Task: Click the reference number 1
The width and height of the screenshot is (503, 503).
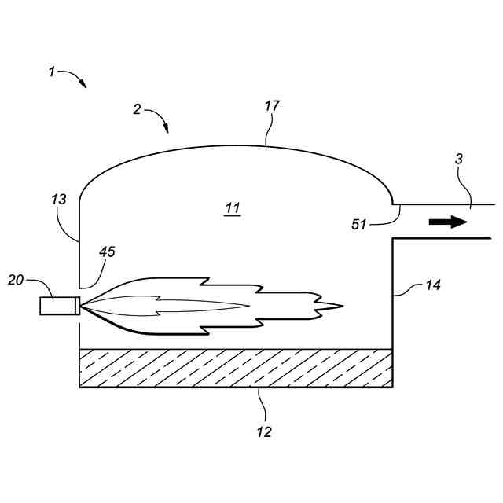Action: click(x=52, y=72)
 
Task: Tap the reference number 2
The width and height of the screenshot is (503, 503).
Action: click(x=137, y=110)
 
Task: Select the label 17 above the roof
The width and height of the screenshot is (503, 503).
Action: click(x=273, y=105)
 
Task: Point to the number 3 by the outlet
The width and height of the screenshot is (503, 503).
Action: click(x=459, y=158)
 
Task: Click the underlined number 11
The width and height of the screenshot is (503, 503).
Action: click(x=232, y=209)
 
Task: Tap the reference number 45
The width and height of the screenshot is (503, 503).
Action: click(x=107, y=251)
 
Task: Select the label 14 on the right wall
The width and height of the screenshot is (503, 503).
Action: click(x=432, y=285)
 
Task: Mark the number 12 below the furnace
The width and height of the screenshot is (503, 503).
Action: click(x=264, y=431)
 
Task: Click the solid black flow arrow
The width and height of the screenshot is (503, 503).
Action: click(x=448, y=222)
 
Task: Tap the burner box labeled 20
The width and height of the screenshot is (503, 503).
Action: click(x=58, y=305)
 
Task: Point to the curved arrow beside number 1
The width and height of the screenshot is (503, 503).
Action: click(x=75, y=78)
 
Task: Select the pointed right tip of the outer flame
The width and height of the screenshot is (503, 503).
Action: click(x=342, y=305)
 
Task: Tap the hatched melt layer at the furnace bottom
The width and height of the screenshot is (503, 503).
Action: click(x=236, y=368)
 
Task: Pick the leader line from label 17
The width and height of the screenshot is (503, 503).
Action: click(x=269, y=130)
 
